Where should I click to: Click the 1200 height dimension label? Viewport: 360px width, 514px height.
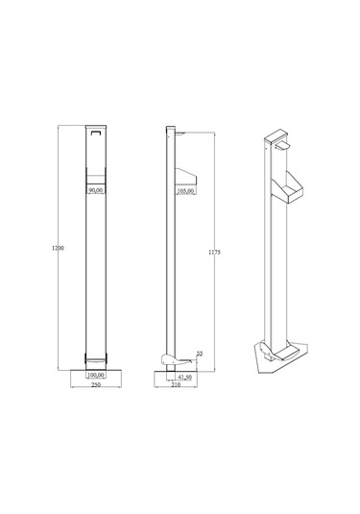(x=58, y=248)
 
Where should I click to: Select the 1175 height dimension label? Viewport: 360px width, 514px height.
(x=214, y=252)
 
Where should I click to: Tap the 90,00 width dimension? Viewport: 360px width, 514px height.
(x=96, y=190)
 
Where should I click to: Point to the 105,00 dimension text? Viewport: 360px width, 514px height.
(x=185, y=191)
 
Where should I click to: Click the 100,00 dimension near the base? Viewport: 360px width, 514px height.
(x=96, y=375)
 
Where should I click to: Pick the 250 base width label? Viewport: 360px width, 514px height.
(x=96, y=385)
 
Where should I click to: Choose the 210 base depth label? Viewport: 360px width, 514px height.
(x=176, y=385)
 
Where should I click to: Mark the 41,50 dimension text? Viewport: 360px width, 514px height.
(x=184, y=378)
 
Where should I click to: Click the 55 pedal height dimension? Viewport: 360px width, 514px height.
(x=200, y=354)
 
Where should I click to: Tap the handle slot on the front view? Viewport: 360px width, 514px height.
(x=96, y=133)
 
